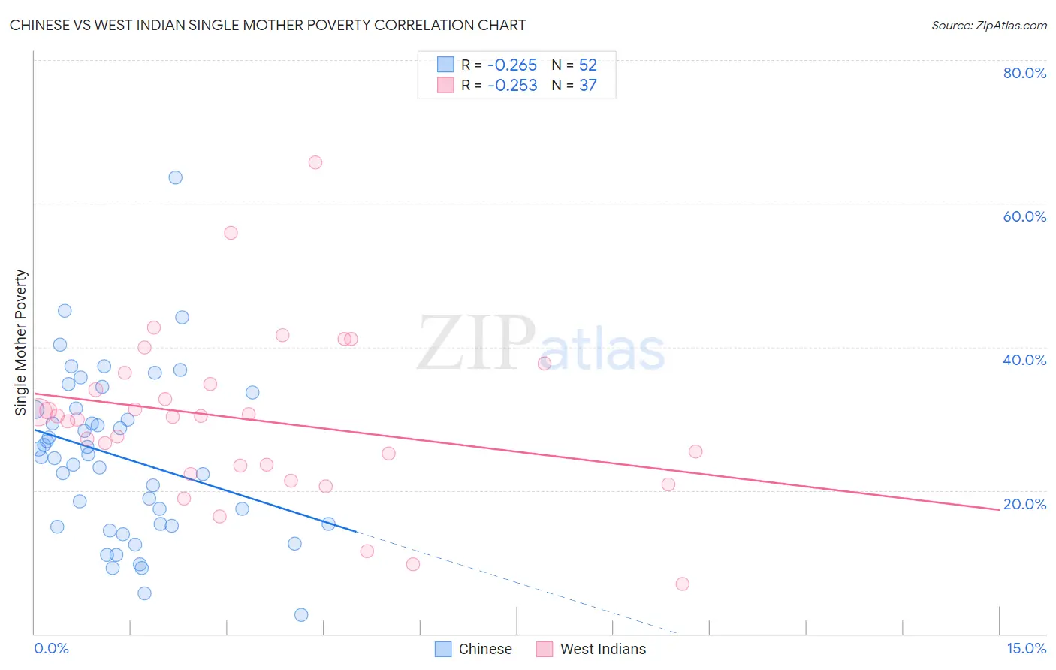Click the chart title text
(x=267, y=25)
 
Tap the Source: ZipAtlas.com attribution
(x=988, y=25)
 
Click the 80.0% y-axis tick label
(x=1024, y=73)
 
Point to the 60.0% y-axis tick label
(x=1024, y=216)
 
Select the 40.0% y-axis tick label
(x=1024, y=360)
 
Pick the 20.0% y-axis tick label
(x=1024, y=504)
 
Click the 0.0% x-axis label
(x=51, y=648)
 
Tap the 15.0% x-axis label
(x=1026, y=648)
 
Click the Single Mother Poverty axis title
(x=21, y=343)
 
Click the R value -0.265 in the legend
(x=512, y=65)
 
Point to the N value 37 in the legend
(x=587, y=86)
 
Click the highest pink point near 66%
(x=315, y=162)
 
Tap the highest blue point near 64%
(x=175, y=177)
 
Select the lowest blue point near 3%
(x=301, y=614)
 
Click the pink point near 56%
(x=231, y=233)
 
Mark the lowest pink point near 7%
(x=682, y=584)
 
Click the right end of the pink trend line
(x=999, y=509)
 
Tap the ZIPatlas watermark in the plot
(x=541, y=343)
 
